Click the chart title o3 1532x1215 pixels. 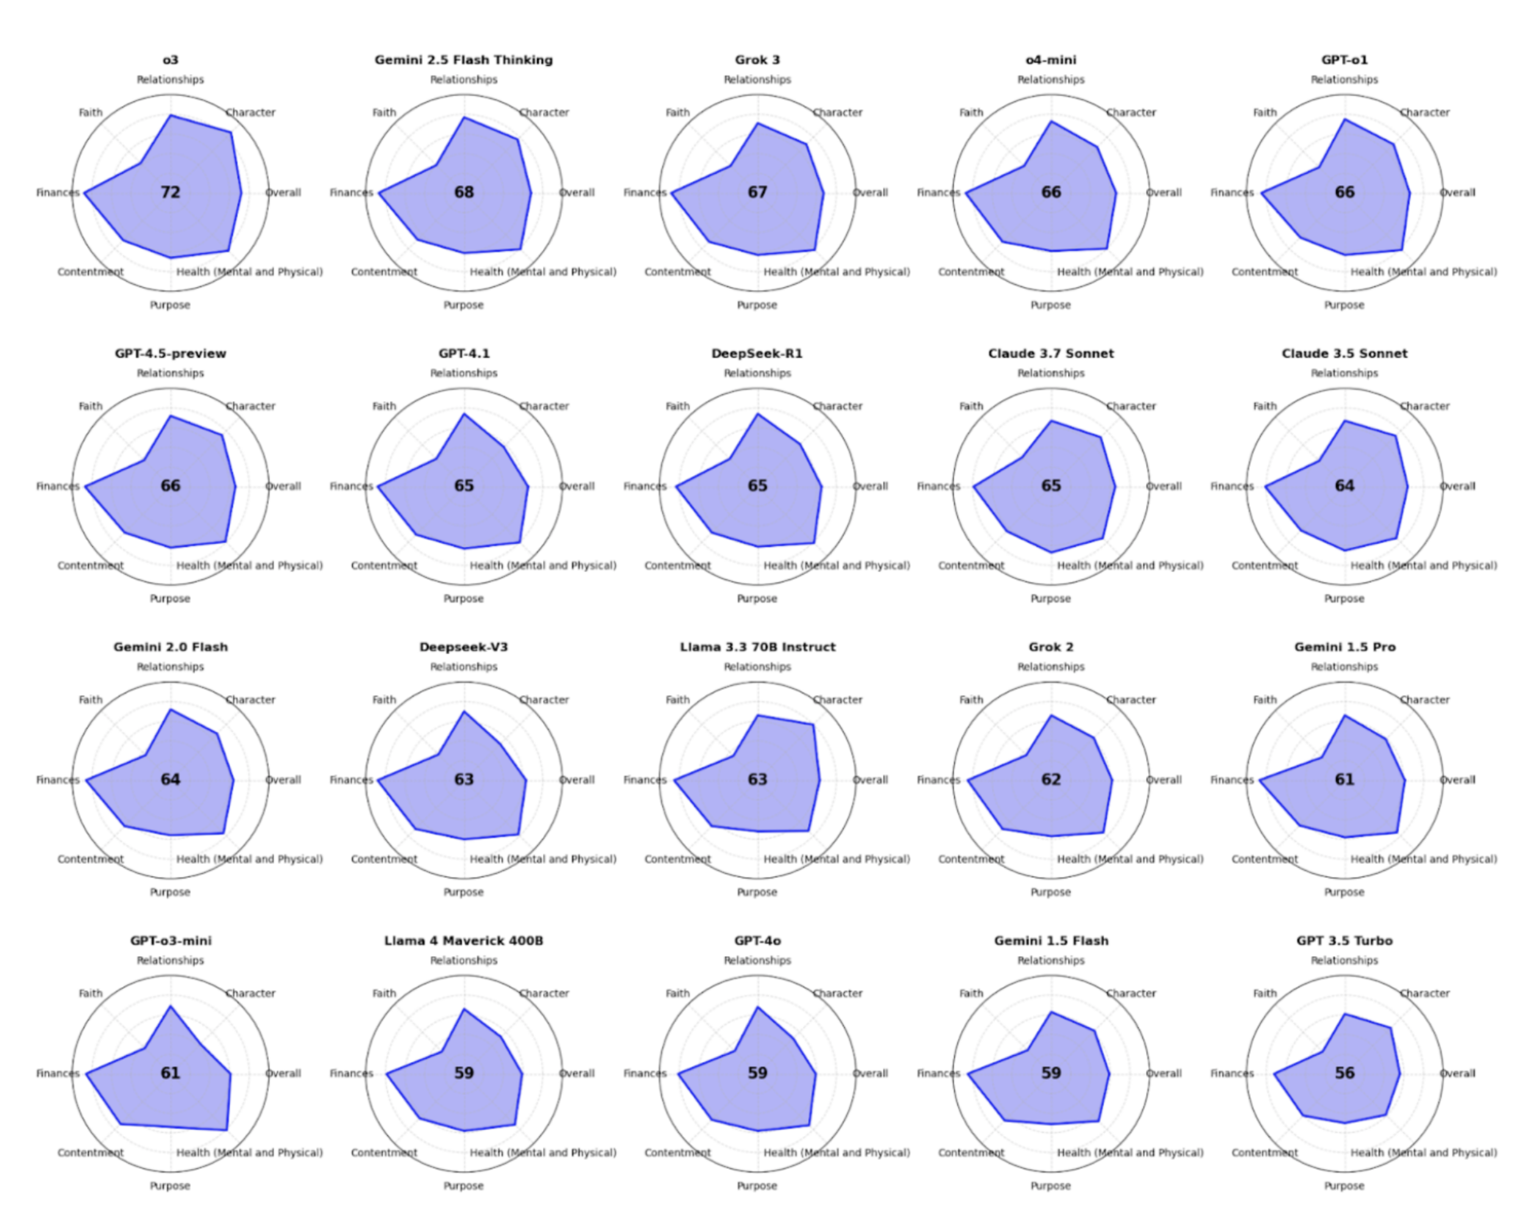pos(171,60)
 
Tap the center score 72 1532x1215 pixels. pos(171,192)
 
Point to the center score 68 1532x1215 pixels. pos(464,192)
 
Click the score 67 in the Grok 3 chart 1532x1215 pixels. pos(757,192)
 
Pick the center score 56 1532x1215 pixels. pos(1344,1073)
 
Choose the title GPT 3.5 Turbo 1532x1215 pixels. pos(1344,941)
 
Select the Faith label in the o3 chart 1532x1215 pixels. pos(90,112)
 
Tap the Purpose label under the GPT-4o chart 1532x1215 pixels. pos(757,1185)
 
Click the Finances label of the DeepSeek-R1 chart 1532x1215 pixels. pos(645,486)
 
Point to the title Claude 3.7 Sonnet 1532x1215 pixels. pos(1051,353)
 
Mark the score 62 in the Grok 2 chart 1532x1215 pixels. pos(1051,780)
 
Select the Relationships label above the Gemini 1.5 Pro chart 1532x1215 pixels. pos(1344,667)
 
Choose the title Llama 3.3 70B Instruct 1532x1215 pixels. pos(757,647)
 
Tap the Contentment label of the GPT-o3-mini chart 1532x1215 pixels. pos(90,1152)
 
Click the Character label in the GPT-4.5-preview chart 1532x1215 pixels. pos(250,406)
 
